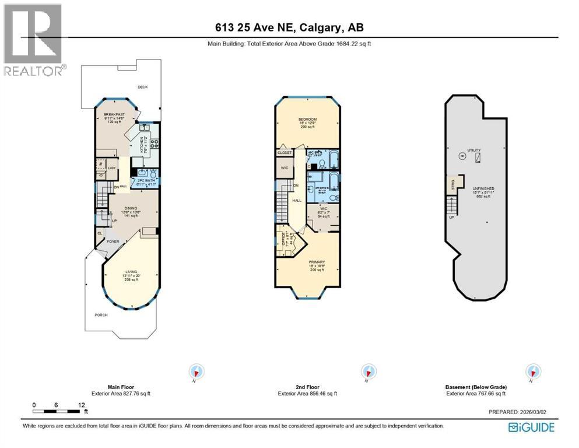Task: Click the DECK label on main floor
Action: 142,87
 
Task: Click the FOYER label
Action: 112,240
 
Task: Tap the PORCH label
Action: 101,315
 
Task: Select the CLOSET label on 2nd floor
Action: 285,153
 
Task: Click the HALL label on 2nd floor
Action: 297,200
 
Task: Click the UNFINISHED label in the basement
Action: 483,189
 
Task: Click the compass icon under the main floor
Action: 196,372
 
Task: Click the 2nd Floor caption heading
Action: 307,387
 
